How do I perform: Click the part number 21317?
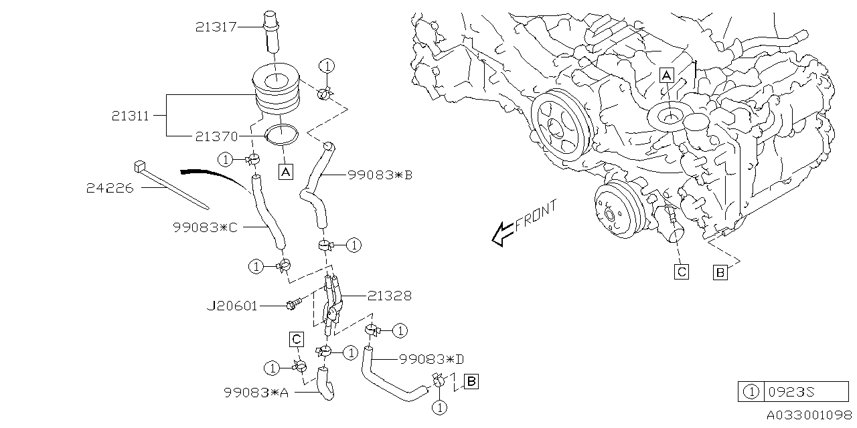pyautogui.click(x=216, y=27)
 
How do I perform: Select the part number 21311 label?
pyautogui.click(x=131, y=115)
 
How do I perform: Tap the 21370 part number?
pyautogui.click(x=216, y=136)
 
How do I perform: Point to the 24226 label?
pyautogui.click(x=110, y=189)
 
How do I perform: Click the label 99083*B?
pyautogui.click(x=380, y=175)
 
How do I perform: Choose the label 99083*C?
pyautogui.click(x=205, y=227)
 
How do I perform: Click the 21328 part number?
pyautogui.click(x=390, y=295)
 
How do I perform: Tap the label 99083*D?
pyautogui.click(x=431, y=359)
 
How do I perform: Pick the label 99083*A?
pyautogui.click(x=256, y=393)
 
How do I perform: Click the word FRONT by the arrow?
pyautogui.click(x=536, y=217)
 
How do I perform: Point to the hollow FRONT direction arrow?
pyautogui.click(x=502, y=234)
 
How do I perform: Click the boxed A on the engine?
pyautogui.click(x=666, y=75)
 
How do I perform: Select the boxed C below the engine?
pyautogui.click(x=682, y=272)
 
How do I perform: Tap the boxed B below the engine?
pyautogui.click(x=720, y=272)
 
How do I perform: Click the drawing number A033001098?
pyautogui.click(x=809, y=416)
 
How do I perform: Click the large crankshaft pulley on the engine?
pyautogui.click(x=559, y=124)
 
